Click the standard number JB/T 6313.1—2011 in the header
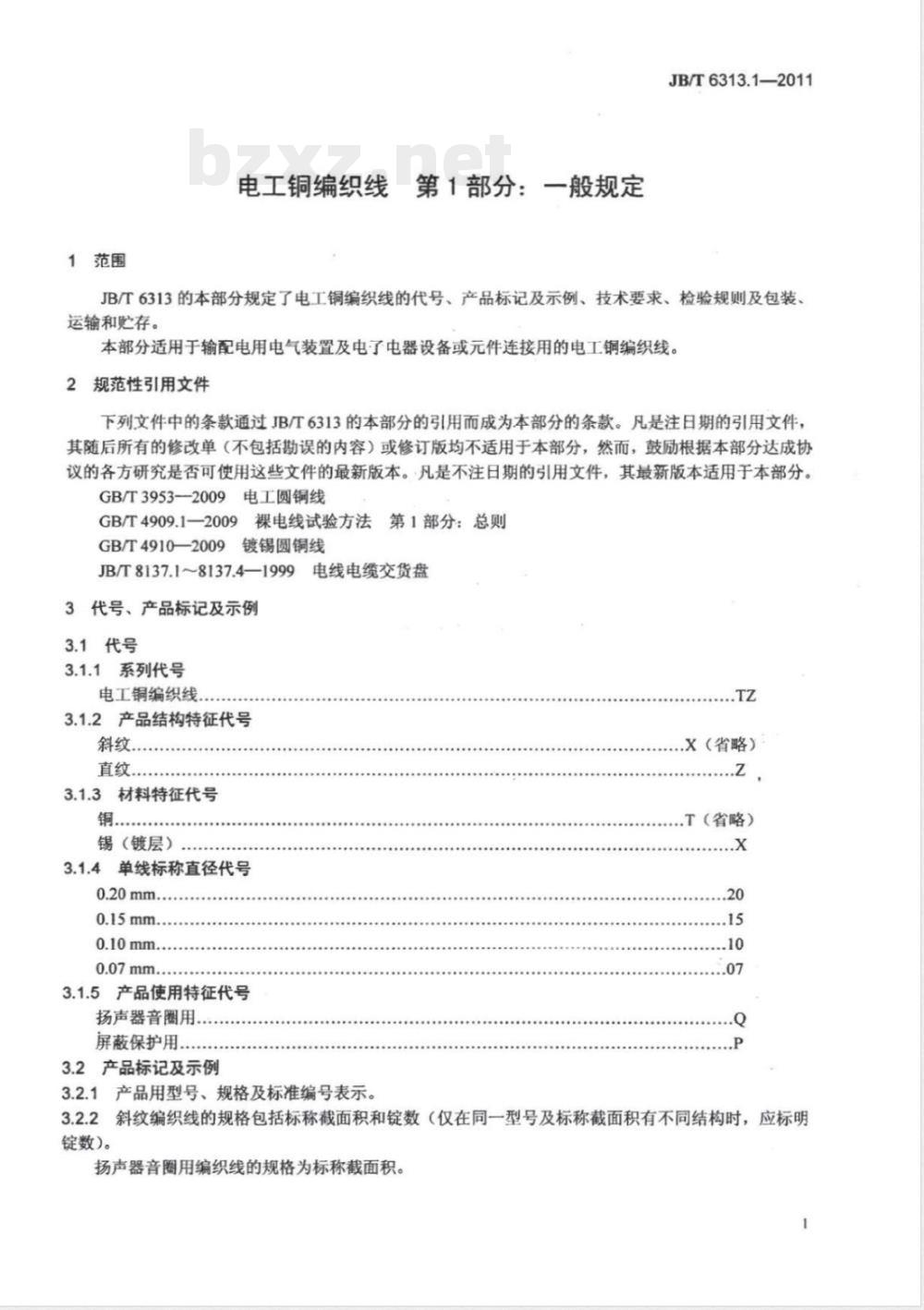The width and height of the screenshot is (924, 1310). pyautogui.click(x=740, y=80)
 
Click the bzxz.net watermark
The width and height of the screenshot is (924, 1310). pyautogui.click(x=349, y=159)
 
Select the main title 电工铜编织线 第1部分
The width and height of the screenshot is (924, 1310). pyautogui.click(x=441, y=187)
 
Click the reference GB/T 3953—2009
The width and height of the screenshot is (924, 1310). pyautogui.click(x=162, y=497)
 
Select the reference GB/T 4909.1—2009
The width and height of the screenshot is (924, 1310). pyautogui.click(x=167, y=522)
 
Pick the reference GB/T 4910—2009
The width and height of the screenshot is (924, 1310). pyautogui.click(x=162, y=546)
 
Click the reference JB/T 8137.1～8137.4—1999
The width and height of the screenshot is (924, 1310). pyautogui.click(x=196, y=571)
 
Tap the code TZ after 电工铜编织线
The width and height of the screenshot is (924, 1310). pyautogui.click(x=746, y=696)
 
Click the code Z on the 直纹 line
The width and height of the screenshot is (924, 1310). pyautogui.click(x=740, y=770)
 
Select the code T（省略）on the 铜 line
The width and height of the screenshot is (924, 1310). pyautogui.click(x=719, y=819)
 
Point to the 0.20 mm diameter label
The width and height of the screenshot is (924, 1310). pyautogui.click(x=127, y=894)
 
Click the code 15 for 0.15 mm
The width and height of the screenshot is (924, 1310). pyautogui.click(x=736, y=920)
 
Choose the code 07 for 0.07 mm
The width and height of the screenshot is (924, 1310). pyautogui.click(x=736, y=970)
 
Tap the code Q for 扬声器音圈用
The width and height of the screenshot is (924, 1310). pyautogui.click(x=739, y=1019)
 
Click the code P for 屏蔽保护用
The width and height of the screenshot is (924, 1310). pyautogui.click(x=738, y=1044)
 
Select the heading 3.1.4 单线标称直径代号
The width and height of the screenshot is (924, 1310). pyautogui.click(x=157, y=868)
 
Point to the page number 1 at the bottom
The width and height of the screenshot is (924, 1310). pyautogui.click(x=806, y=1224)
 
